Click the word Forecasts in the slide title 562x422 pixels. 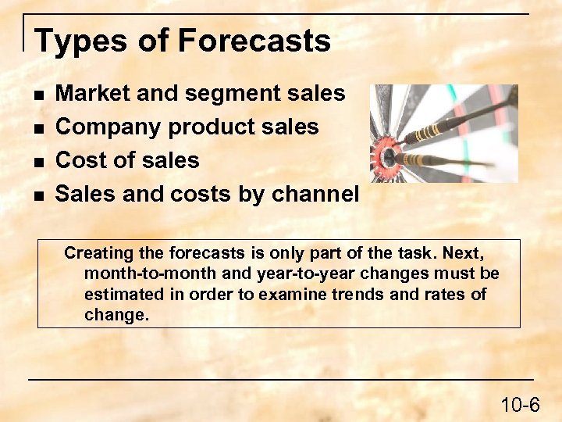[255, 41]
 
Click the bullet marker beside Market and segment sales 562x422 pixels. [39, 95]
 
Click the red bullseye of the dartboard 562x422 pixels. [388, 155]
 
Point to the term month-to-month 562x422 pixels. [137, 274]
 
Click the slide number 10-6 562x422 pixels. [520, 404]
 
